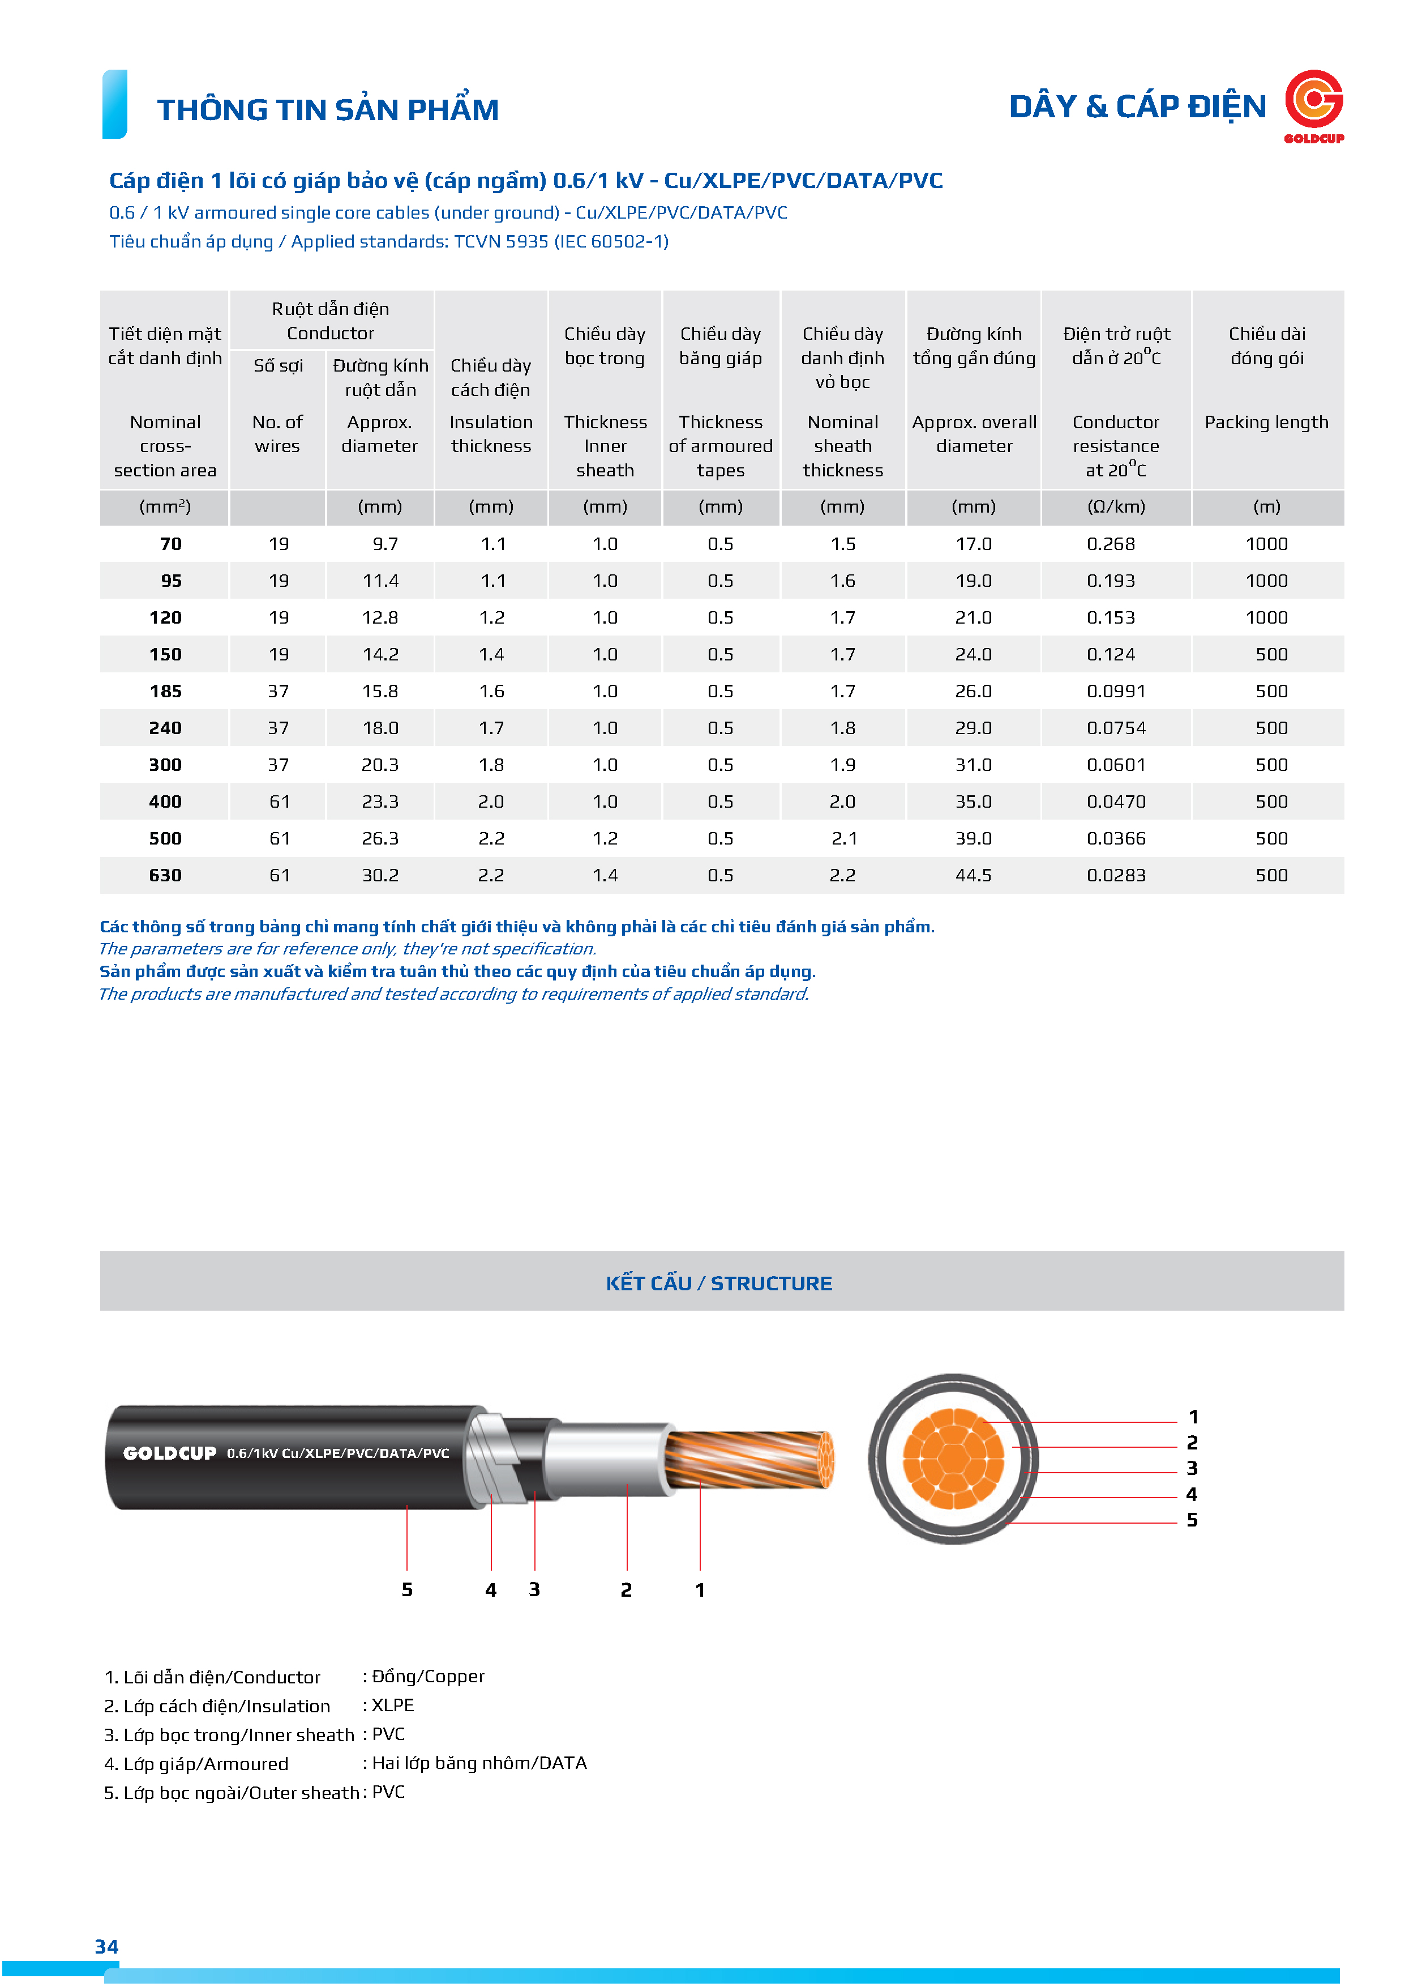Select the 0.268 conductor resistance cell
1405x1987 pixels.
pos(1110,544)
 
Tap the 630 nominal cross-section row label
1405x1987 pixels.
pos(165,875)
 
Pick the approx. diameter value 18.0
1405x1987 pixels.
pos(380,728)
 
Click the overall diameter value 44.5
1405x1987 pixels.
pos(973,875)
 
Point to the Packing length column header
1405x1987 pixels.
pos(1266,423)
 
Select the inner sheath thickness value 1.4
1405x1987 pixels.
pos(605,875)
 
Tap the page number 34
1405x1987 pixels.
pos(106,1946)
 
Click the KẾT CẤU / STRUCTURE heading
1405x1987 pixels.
pos(718,1284)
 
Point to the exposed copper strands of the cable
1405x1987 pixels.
pos(748,1459)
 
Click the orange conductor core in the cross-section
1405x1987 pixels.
pos(953,1459)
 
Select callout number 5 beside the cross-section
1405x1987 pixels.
pos(1192,1520)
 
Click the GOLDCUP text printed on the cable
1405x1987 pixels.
pos(170,1453)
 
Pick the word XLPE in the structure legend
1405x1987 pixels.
pos(393,1705)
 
